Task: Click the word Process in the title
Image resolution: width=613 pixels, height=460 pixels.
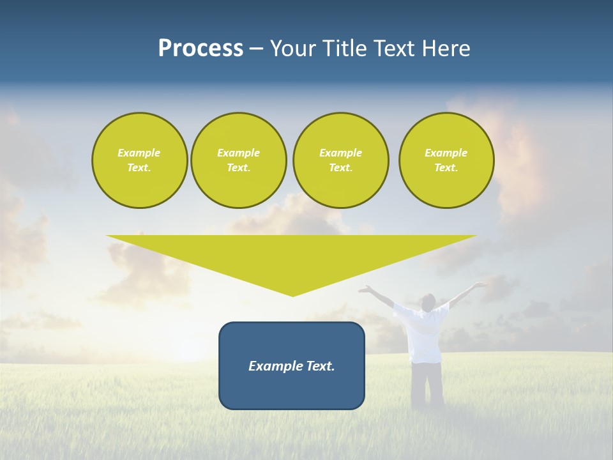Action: (201, 49)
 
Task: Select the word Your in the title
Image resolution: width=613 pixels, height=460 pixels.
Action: (292, 49)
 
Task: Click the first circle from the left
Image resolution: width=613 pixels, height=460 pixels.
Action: (139, 160)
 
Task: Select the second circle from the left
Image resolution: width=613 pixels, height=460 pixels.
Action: (238, 160)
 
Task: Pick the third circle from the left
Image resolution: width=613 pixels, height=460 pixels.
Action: (340, 160)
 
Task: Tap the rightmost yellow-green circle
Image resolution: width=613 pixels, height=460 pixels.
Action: (446, 160)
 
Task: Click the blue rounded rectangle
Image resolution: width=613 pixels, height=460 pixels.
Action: (292, 365)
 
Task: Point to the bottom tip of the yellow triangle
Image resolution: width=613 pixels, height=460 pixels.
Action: (292, 295)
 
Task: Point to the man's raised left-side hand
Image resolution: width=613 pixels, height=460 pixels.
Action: (365, 289)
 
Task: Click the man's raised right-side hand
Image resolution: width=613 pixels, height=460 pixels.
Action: (480, 284)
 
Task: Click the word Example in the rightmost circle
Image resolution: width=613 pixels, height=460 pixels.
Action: (446, 153)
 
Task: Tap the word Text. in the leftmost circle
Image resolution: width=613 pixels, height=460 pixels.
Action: (139, 168)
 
